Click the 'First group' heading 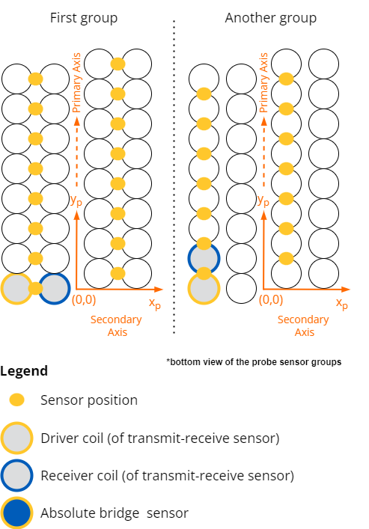tap(84, 18)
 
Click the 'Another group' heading tap(271, 18)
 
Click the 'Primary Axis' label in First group tap(76, 82)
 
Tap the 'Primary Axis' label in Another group tap(263, 82)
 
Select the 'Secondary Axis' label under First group tap(117, 325)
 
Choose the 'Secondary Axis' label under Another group tap(303, 325)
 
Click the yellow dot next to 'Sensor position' tap(17, 400)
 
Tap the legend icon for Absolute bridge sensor tap(17, 513)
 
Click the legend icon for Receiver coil tap(17, 475)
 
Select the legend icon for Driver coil tap(17, 438)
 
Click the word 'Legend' tap(24, 371)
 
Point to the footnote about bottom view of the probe tap(254, 362)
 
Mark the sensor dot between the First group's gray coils tap(35, 289)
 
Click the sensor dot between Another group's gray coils tap(204, 273)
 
